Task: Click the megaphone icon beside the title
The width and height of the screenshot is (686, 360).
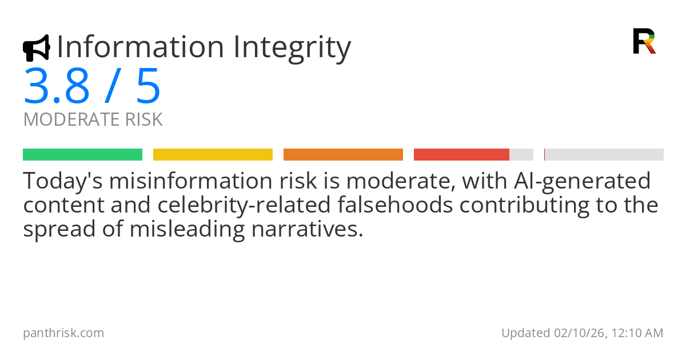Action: pyautogui.click(x=36, y=48)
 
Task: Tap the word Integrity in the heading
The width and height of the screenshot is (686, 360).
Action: pyautogui.click(x=292, y=48)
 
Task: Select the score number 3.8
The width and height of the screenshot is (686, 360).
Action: pyautogui.click(x=57, y=86)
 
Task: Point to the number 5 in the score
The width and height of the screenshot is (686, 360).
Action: pyautogui.click(x=148, y=86)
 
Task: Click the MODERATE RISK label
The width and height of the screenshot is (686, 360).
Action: pyautogui.click(x=93, y=120)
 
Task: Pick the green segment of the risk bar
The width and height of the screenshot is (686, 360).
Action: pyautogui.click(x=82, y=154)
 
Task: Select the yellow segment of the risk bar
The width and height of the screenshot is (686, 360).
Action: pyautogui.click(x=213, y=154)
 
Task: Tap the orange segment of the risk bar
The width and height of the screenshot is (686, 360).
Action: pyautogui.click(x=343, y=154)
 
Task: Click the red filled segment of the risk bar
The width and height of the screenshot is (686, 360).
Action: pyautogui.click(x=461, y=154)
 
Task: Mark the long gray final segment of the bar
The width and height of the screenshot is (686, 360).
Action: pyautogui.click(x=604, y=154)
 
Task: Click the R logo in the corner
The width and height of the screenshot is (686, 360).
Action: pyautogui.click(x=644, y=41)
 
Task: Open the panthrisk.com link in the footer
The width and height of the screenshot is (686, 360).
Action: pyautogui.click(x=63, y=333)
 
